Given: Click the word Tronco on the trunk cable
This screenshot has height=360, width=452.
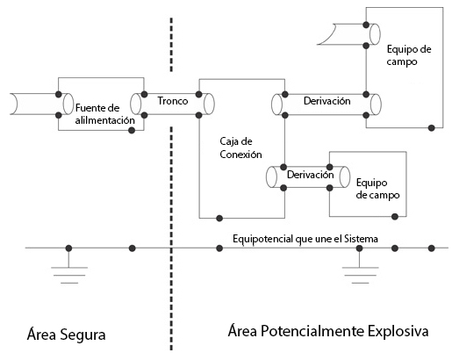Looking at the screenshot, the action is pos(173,101).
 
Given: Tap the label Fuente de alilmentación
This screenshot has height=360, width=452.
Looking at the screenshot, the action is pos(104,114).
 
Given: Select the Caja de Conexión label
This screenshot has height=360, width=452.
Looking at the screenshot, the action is pos(240,148).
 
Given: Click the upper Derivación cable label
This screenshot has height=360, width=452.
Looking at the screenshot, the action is pos(326,101).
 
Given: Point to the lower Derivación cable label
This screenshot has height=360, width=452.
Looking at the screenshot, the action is pos(310,175).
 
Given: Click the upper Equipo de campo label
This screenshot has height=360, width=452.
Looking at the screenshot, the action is pos(409,55).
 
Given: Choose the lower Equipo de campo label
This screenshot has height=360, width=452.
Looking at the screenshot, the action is pos(377,189).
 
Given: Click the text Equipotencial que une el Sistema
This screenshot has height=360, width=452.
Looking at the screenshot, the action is pos(305,239).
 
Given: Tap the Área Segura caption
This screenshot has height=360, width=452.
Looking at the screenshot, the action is pos(66,335).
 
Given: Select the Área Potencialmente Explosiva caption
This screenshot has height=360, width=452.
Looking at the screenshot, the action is pos(328,331).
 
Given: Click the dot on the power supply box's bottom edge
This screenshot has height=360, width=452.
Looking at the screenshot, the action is pos(132,130).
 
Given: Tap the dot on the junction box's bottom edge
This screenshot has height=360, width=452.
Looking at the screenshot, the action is pos(219,218).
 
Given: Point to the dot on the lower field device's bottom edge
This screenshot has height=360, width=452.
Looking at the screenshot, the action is pos(395,217).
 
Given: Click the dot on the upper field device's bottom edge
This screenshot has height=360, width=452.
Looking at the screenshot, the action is pos(431,127).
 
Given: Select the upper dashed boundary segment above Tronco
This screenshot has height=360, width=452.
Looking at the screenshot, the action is pos(171,45).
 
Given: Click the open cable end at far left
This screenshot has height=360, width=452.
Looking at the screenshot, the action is pos(13,104).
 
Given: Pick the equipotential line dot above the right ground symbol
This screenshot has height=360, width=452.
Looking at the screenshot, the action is pos(360,248).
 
